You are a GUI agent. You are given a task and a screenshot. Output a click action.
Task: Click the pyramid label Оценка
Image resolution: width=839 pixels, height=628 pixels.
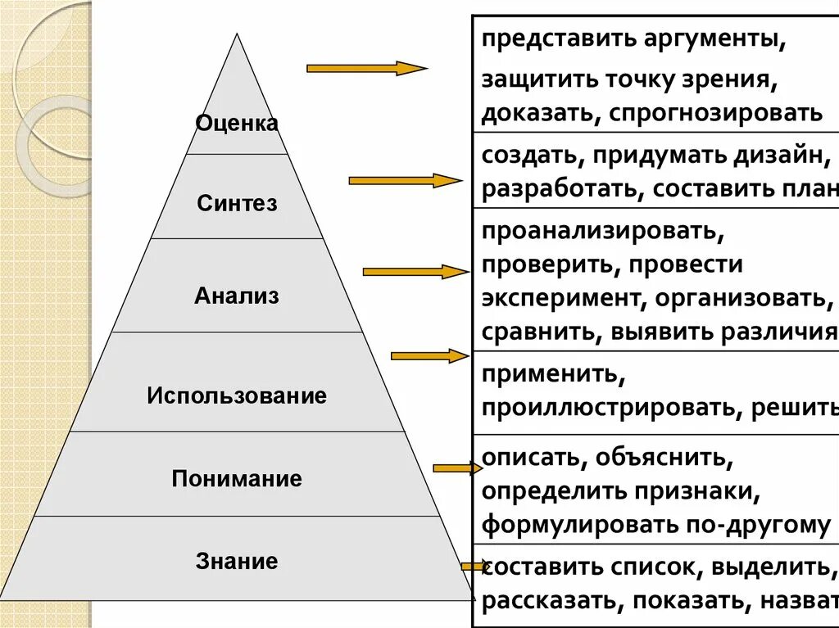237,124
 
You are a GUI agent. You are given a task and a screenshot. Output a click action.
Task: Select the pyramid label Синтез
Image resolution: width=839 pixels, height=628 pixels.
237,203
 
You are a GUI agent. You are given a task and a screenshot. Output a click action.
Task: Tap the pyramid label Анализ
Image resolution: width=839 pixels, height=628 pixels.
237,296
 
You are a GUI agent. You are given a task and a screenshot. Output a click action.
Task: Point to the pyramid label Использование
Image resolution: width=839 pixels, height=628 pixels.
237,396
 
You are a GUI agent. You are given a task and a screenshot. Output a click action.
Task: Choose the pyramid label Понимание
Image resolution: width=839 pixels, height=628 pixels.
237,478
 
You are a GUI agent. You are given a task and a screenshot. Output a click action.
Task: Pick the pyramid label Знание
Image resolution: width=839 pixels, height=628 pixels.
237,562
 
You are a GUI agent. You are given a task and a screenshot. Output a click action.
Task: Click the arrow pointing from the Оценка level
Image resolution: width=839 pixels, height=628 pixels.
366,69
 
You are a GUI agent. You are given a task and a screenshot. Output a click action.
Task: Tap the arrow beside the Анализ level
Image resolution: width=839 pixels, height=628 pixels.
415,271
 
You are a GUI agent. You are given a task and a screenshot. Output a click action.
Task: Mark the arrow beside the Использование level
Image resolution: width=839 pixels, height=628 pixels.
429,355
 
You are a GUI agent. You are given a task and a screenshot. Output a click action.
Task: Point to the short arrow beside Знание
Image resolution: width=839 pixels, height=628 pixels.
474,566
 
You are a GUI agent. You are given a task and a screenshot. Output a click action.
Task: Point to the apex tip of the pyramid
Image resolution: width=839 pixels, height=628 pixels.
238,34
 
